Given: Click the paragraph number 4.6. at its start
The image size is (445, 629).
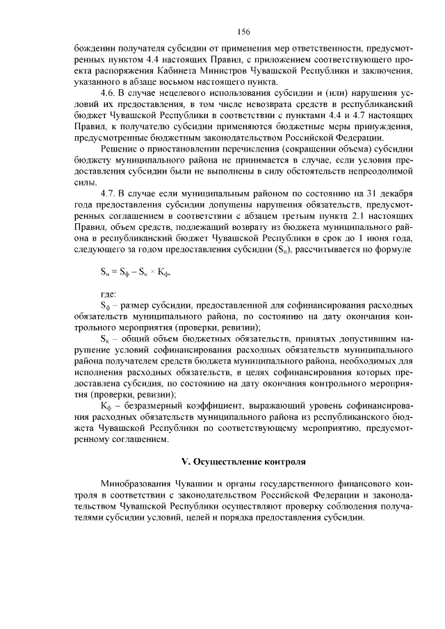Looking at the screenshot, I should tap(110, 92).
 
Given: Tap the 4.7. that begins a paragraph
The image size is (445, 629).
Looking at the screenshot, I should tap(110, 193).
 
